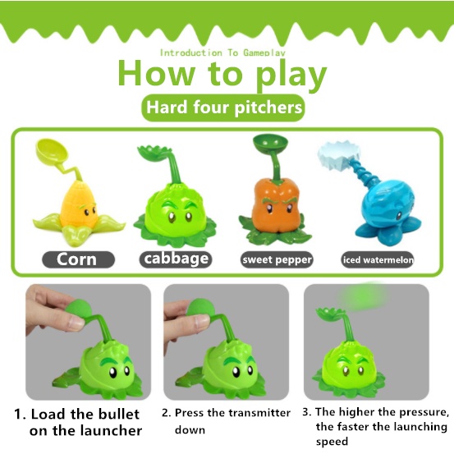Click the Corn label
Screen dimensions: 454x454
point(79,259)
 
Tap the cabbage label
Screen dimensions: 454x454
point(176,259)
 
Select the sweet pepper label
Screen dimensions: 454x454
point(277,259)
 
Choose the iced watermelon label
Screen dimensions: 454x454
point(378,259)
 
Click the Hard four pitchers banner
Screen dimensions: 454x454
point(223,108)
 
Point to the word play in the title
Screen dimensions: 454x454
point(291,75)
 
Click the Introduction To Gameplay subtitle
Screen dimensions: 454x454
point(222,53)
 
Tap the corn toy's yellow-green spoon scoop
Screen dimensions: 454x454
point(52,151)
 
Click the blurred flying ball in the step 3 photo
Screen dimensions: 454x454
point(361,296)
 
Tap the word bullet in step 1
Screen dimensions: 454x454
point(119,415)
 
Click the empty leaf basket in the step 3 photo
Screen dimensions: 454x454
point(330,314)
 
